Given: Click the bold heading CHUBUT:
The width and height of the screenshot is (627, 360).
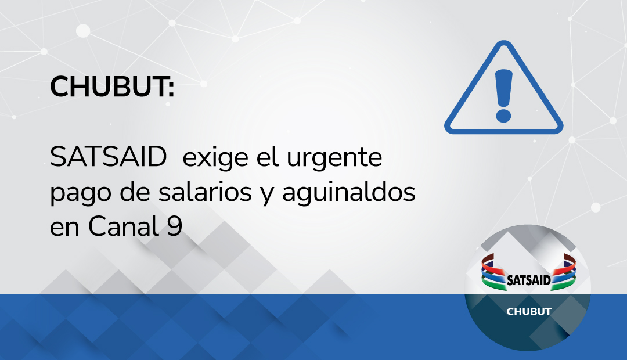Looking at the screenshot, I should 112,88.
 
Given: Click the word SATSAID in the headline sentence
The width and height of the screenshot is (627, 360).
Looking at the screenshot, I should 109,158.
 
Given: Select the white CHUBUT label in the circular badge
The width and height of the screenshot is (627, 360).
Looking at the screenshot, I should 529,312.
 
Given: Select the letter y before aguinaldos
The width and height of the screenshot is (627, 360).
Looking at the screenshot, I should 270,196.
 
